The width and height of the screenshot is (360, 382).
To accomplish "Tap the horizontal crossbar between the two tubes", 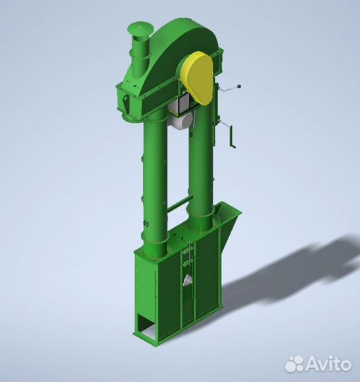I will point(180,204).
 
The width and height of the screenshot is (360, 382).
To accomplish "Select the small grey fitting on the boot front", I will point(187,280).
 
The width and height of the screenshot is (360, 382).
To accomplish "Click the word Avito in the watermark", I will point(328,364).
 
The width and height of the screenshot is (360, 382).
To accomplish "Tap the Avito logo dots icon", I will point(296,364).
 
